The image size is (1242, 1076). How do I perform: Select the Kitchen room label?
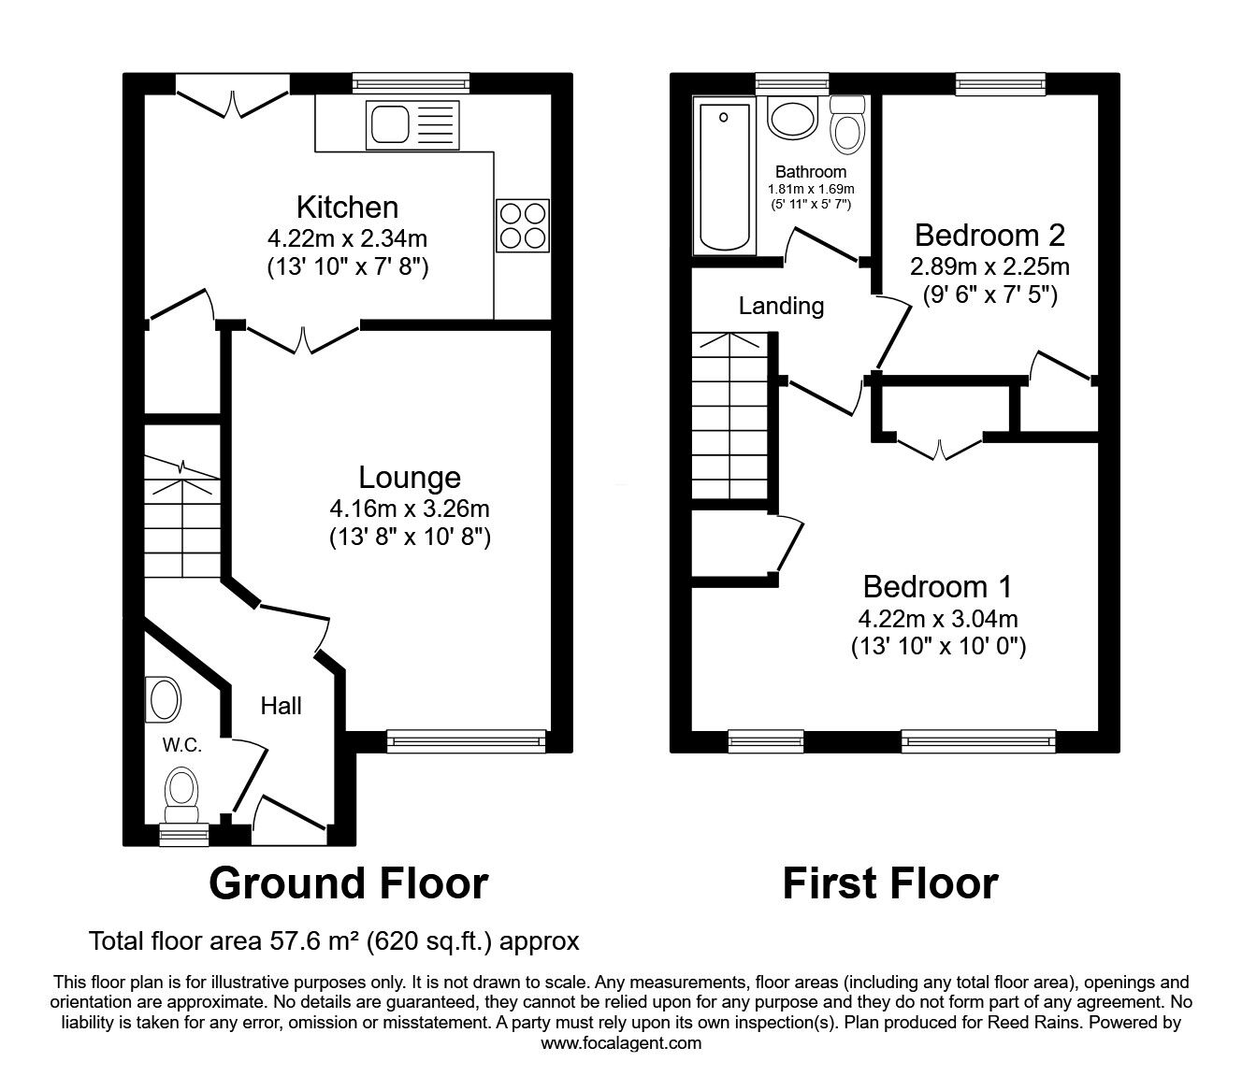(x=347, y=207)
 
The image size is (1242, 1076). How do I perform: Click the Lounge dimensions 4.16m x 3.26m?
(x=410, y=509)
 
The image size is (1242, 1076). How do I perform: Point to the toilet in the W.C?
(x=181, y=788)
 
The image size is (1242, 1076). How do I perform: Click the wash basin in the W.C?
(x=165, y=700)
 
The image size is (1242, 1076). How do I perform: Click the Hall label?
(x=281, y=706)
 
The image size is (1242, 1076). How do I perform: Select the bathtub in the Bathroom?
(x=723, y=177)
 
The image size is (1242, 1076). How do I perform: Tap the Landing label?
(x=781, y=306)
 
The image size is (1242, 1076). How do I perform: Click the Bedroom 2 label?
(x=989, y=234)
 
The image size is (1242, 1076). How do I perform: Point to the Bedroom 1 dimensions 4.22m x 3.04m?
(x=938, y=618)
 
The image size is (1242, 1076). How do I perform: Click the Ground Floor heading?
(x=348, y=882)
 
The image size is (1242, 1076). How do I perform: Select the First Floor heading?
(x=889, y=882)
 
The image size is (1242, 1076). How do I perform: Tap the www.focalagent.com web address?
(x=621, y=1043)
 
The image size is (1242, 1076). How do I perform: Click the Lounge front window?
(x=466, y=741)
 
